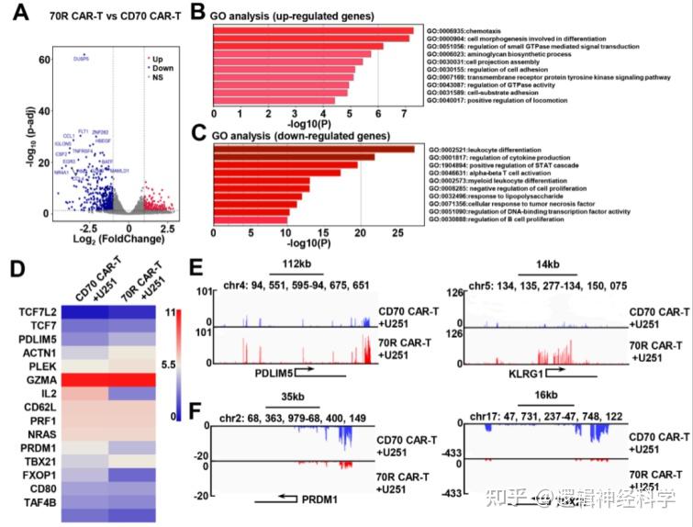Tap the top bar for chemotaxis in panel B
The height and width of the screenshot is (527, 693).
(x=313, y=33)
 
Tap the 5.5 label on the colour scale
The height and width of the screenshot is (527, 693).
(x=195, y=364)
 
